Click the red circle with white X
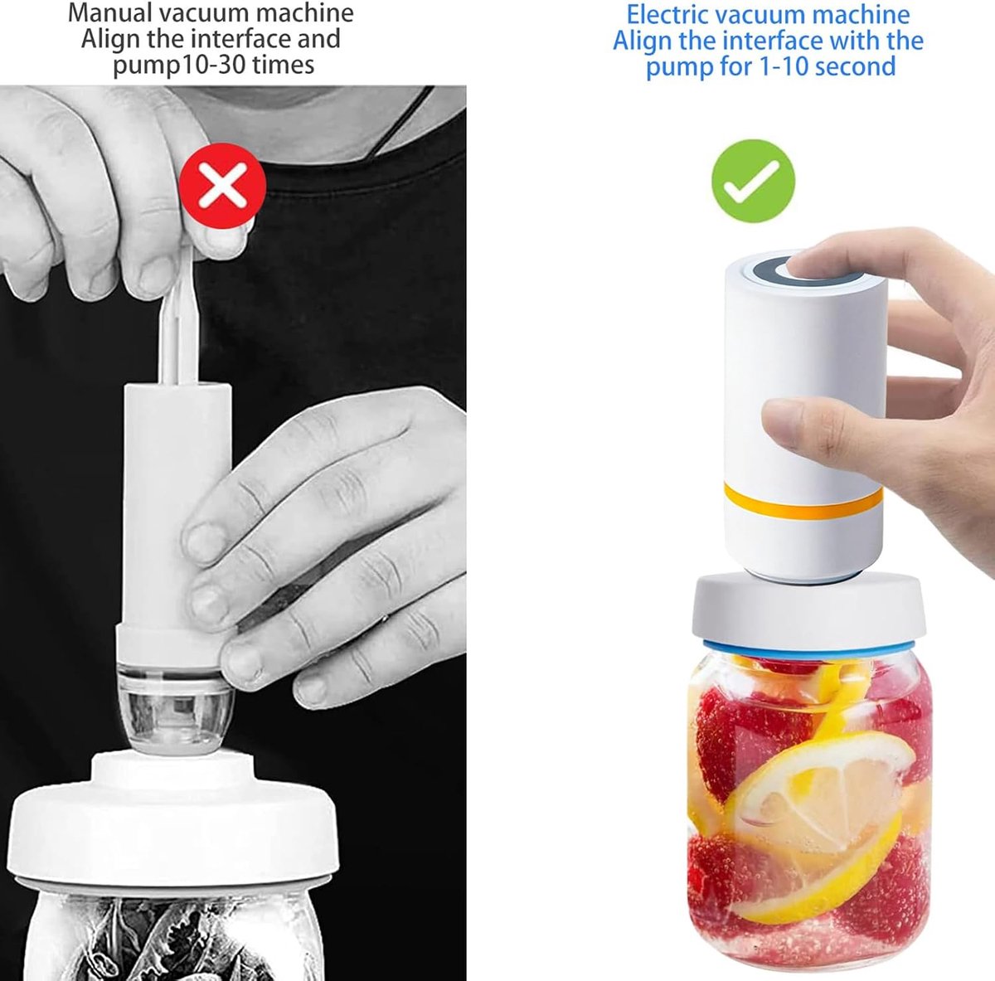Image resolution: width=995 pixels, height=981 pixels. tap(223, 186)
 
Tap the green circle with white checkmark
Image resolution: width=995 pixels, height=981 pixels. tap(754, 182)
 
